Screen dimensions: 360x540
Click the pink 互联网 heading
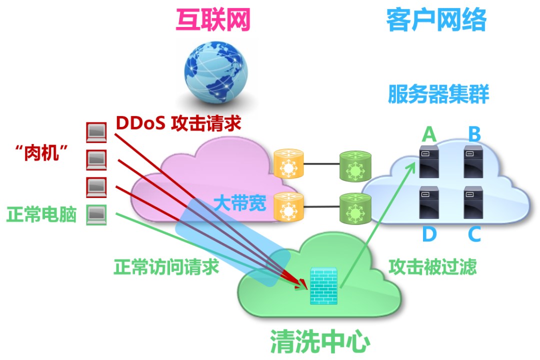tap(213, 21)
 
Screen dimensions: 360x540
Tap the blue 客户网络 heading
tap(436, 21)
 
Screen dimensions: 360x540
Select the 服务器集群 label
tap(438, 94)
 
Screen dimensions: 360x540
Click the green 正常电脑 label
tap(41, 215)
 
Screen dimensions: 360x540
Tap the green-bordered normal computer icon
tap(96, 215)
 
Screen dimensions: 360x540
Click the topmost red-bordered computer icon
tap(96, 132)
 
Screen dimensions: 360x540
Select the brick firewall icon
tap(324, 285)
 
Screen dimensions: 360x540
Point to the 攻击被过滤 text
tap(432, 266)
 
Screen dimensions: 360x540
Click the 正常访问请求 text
tap(166, 266)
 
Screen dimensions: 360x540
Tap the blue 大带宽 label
tap(240, 203)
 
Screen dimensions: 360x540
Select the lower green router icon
tap(355, 207)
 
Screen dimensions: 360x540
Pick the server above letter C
tap(473, 202)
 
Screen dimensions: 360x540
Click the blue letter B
tap(474, 134)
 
